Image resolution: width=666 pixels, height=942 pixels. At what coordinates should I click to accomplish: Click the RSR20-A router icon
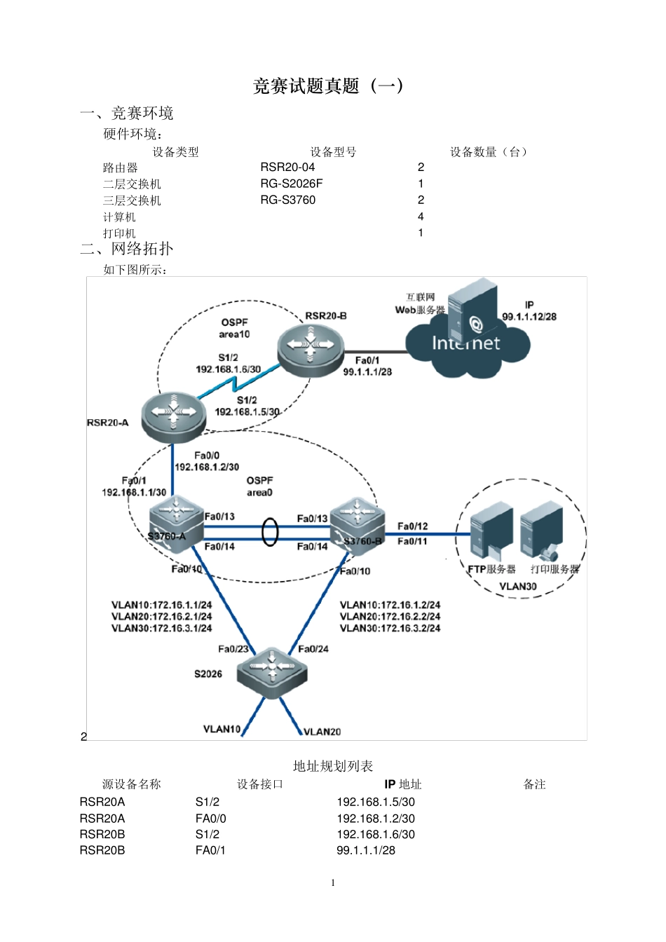[x=173, y=416]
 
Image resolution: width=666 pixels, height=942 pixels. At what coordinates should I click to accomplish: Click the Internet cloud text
[x=465, y=343]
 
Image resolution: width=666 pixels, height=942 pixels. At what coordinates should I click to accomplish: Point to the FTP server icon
[x=491, y=532]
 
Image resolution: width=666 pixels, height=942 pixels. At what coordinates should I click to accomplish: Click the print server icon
[x=542, y=532]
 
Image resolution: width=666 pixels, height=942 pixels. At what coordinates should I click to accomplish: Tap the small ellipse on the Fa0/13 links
[x=270, y=532]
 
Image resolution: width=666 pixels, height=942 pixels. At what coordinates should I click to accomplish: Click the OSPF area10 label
[x=234, y=328]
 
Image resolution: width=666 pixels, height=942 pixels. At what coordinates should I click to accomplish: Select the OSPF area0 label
[x=259, y=486]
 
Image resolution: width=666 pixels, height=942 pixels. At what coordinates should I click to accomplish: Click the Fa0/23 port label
[x=233, y=649]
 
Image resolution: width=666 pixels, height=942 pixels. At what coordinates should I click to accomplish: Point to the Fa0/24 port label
[x=313, y=649]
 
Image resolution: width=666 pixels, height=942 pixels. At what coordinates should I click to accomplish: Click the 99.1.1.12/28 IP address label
[x=529, y=317]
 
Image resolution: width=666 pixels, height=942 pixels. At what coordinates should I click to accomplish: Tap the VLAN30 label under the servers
[x=518, y=587]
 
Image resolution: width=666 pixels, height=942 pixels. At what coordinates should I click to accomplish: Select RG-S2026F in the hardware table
[x=292, y=184]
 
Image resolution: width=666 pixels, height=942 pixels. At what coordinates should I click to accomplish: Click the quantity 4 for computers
[x=421, y=217]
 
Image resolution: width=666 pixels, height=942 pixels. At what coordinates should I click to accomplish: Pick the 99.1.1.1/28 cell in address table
[x=366, y=850]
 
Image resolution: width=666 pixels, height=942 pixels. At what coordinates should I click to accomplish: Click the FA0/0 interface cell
[x=211, y=818]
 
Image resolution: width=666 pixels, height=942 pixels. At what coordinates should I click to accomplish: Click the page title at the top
[x=327, y=86]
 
